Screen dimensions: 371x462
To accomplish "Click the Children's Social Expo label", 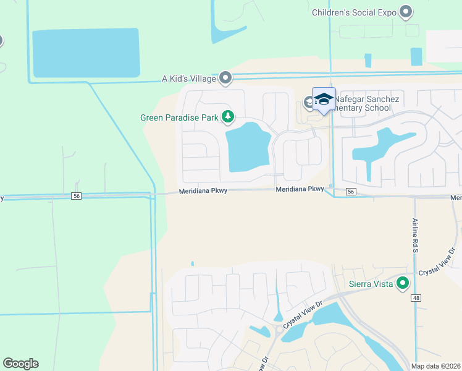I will (x=354, y=12).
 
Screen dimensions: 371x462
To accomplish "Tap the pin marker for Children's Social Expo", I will (x=406, y=11).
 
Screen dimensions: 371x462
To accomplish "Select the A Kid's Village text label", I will (x=188, y=79).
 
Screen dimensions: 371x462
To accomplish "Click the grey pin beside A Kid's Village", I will (x=225, y=78).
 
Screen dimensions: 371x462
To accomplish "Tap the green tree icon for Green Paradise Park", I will (x=228, y=116).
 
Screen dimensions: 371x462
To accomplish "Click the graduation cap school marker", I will (x=324, y=100).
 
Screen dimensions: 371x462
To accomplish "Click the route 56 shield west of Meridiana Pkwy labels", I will (x=77, y=195).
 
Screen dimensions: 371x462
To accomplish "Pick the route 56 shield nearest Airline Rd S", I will (x=351, y=192).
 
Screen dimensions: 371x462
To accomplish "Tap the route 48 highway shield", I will (x=417, y=297).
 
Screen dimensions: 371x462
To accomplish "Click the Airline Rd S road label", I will (x=415, y=236).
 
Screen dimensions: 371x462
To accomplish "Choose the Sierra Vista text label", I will (x=367, y=284).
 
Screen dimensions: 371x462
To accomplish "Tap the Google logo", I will (x=20, y=364).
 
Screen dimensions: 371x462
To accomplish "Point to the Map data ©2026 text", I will (x=435, y=366).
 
